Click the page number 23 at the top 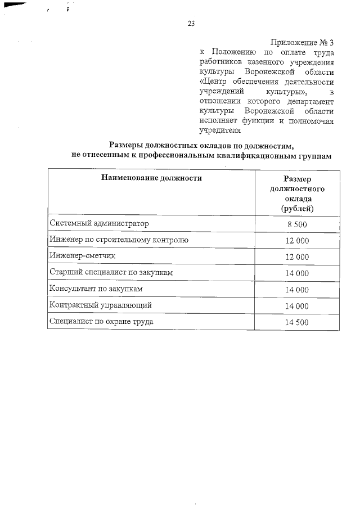tap(191, 24)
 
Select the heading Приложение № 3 tap(302, 42)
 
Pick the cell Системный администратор tap(99, 223)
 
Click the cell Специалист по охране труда tap(101, 322)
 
